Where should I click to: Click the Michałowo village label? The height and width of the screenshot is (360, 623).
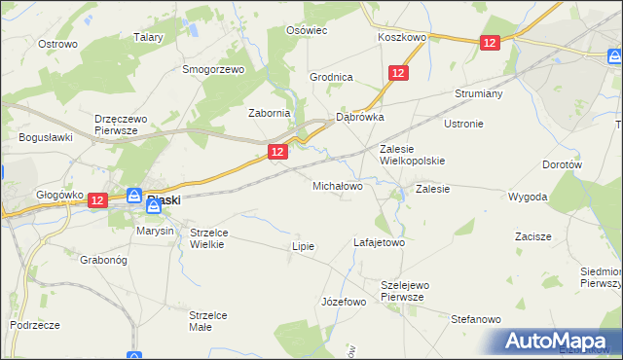(337, 185)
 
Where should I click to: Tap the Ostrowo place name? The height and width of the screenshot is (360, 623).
(57, 44)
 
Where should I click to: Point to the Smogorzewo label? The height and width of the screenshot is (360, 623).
(213, 70)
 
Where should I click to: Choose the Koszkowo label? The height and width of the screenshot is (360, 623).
(402, 37)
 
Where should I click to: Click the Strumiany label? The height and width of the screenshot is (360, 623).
(477, 94)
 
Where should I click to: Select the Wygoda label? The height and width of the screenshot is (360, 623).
(528, 197)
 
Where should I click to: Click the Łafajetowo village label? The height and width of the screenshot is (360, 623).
(379, 242)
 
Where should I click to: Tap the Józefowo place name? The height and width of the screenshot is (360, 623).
(344, 302)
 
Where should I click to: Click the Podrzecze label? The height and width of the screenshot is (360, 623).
(36, 324)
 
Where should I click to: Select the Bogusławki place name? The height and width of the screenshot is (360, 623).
(46, 137)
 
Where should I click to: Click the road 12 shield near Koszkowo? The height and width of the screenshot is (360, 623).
(490, 43)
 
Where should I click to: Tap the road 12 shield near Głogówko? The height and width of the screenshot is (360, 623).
(96, 199)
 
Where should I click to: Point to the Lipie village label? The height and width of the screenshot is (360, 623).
(303, 246)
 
